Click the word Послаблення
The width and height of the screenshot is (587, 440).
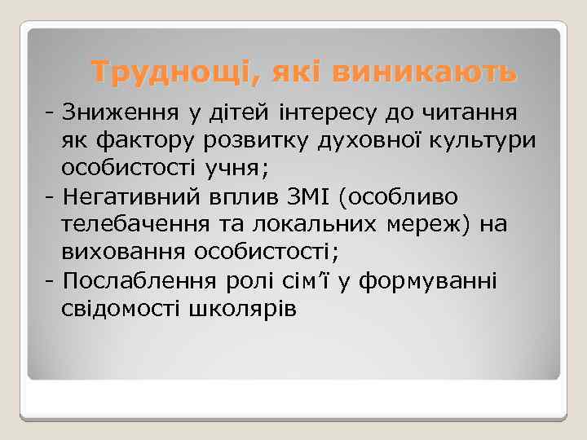[x=139, y=281]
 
